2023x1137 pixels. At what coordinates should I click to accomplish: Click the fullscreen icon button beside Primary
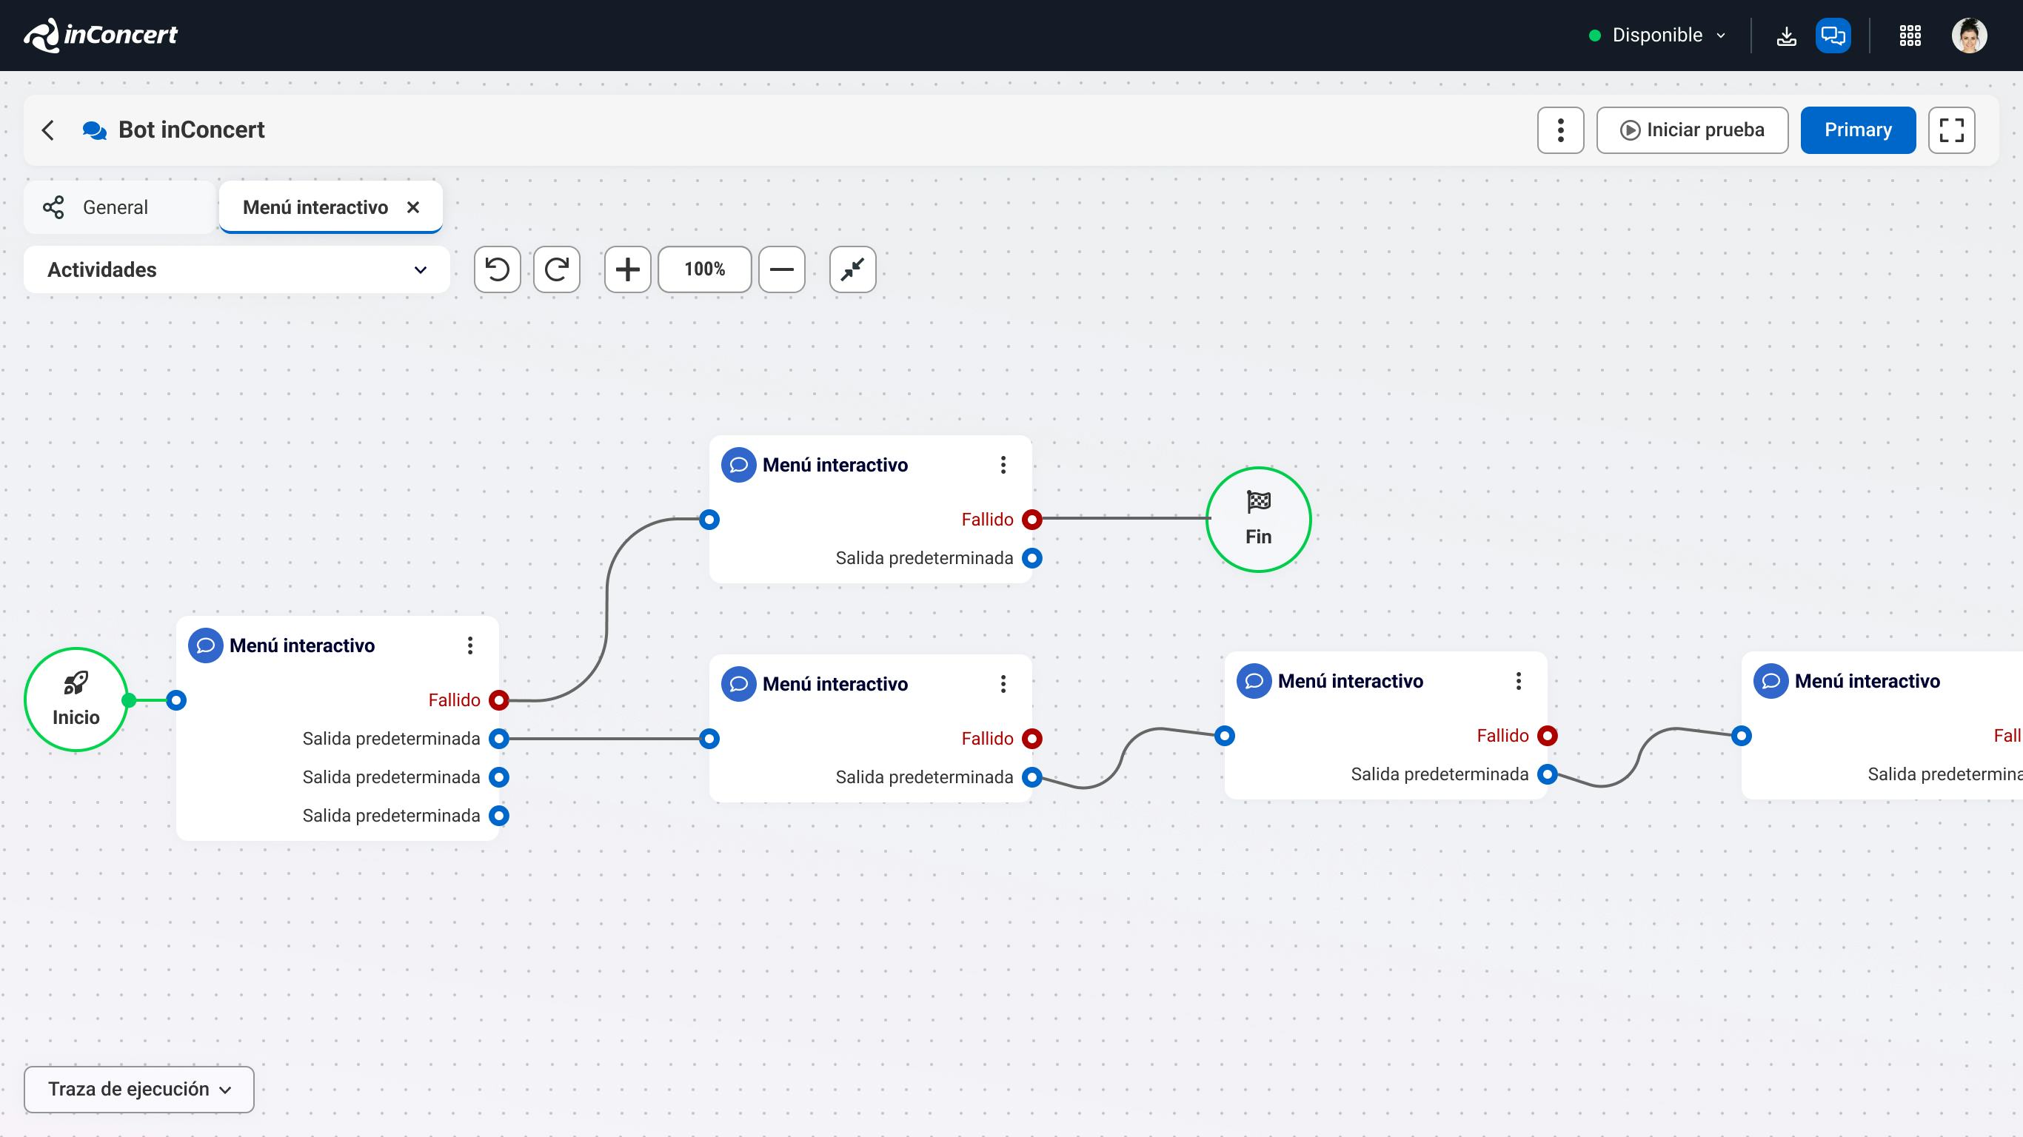pos(1950,130)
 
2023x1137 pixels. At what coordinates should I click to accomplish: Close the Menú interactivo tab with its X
pos(413,207)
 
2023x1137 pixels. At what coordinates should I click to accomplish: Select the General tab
pos(116,207)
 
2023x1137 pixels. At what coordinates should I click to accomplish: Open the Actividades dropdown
pos(236,269)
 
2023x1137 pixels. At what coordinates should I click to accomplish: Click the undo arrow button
pos(497,269)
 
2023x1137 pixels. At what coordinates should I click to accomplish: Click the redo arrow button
pos(557,269)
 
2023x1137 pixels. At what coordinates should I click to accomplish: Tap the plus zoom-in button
pos(627,269)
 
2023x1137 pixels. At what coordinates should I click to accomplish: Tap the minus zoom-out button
pos(781,269)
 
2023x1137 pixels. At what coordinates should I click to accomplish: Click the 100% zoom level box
pos(704,269)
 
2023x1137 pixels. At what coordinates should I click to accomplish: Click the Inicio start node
pos(76,699)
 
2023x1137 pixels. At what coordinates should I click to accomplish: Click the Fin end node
pos(1258,519)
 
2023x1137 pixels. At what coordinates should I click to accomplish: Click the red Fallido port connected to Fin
pos(1032,519)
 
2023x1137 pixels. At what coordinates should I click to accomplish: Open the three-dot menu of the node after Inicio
pos(470,645)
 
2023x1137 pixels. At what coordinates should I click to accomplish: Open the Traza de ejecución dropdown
pos(139,1089)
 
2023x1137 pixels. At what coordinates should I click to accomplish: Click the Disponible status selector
pos(1657,36)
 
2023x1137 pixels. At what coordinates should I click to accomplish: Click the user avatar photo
pos(1969,36)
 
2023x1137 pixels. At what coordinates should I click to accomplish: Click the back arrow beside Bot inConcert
pos(49,130)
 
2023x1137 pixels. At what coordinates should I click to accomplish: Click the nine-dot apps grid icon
pos(1910,36)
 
